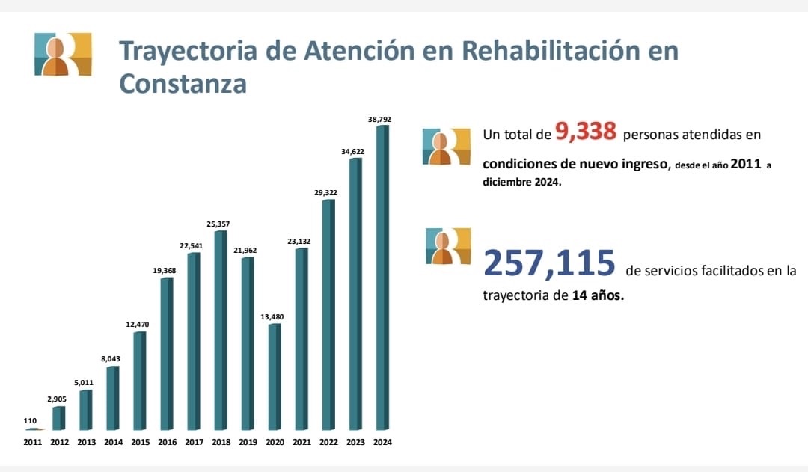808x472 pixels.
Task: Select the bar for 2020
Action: coord(275,377)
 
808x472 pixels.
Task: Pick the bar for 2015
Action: coord(140,381)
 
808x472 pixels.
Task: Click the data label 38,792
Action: coord(379,119)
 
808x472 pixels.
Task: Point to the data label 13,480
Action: coord(272,317)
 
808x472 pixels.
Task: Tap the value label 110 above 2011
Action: coord(31,421)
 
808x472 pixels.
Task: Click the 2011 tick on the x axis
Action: coord(32,442)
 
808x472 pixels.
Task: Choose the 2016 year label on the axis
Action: coord(167,442)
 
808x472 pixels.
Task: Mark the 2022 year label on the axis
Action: coord(328,442)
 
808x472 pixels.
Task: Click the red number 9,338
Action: coord(586,132)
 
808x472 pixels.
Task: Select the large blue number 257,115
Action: coord(549,263)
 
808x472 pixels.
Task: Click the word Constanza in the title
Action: coord(183,84)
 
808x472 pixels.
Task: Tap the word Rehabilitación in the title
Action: coord(548,51)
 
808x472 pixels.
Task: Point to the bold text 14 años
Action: coord(598,295)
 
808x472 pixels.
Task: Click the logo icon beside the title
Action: coord(63,55)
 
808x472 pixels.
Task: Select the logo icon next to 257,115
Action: coord(447,246)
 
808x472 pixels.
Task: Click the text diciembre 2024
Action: coord(521,182)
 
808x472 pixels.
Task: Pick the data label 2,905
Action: coord(58,399)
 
